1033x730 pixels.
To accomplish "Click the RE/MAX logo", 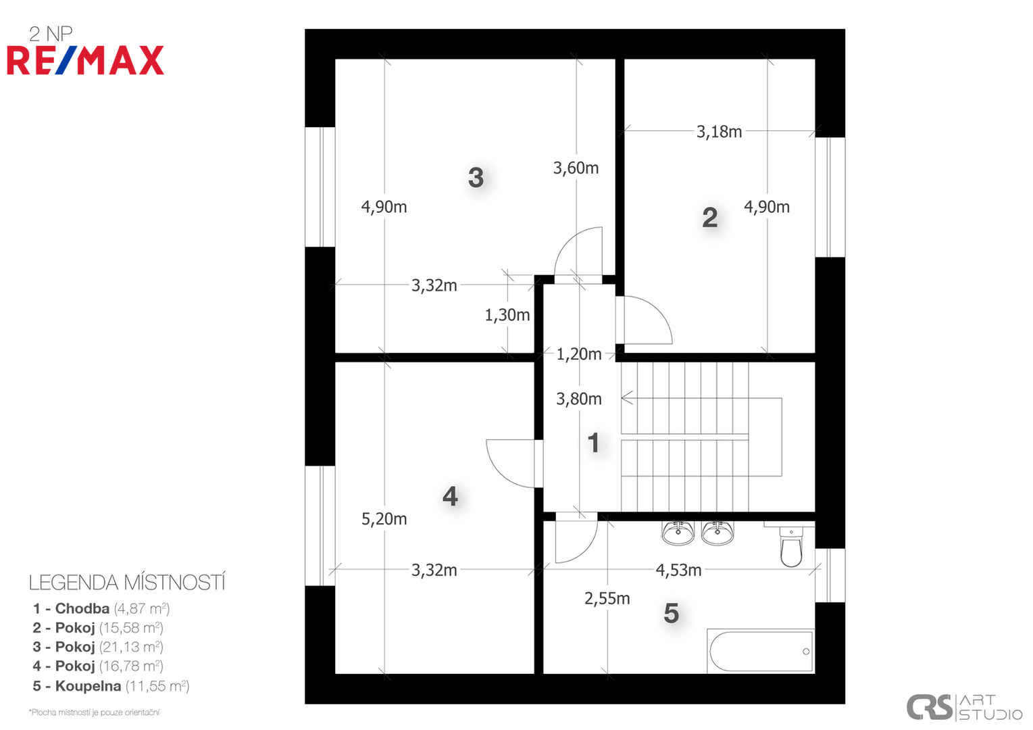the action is click(x=85, y=60).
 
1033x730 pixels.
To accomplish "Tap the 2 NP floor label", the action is click(x=51, y=34).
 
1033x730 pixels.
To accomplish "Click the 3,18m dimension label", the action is click(x=719, y=132).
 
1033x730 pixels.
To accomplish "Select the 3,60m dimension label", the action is click(x=576, y=168).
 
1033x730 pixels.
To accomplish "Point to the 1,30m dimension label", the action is click(x=507, y=315).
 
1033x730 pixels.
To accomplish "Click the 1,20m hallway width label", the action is click(x=579, y=354).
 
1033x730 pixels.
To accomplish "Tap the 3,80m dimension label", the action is click(x=579, y=399).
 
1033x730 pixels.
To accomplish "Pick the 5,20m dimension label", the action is click(x=384, y=519).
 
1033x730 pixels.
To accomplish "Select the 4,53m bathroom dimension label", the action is click(x=678, y=570).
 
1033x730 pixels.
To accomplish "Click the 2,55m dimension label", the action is click(x=607, y=598).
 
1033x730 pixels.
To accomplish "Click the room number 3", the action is click(x=476, y=178).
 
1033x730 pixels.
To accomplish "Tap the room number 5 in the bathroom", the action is click(x=671, y=613).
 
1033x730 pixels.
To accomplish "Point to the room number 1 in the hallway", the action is click(x=593, y=443).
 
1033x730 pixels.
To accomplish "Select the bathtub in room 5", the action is click(x=761, y=651).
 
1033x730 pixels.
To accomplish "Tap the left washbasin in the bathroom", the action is click(x=678, y=533).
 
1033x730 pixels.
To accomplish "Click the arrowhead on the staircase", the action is click(x=626, y=397).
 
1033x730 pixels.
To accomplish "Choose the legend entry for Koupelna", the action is click(x=111, y=686).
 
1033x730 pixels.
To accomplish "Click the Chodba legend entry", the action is click(x=101, y=608).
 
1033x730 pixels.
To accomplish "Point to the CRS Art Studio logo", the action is click(x=964, y=707).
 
